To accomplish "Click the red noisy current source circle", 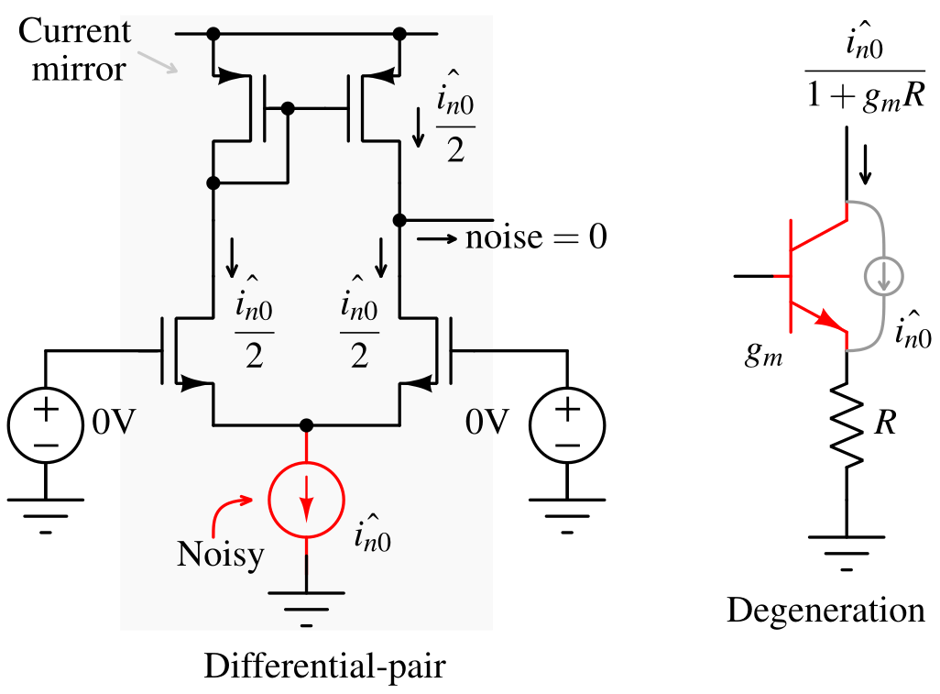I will [x=306, y=500].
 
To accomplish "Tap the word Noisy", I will [x=220, y=555].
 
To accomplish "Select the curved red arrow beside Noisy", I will [x=230, y=514].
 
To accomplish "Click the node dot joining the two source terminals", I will [x=306, y=425].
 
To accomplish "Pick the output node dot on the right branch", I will [x=399, y=220].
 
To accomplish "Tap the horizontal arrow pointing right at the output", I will [x=438, y=239].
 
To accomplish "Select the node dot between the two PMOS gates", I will [x=288, y=108].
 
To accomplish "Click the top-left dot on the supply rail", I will [x=213, y=34].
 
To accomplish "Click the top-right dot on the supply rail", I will [x=399, y=34].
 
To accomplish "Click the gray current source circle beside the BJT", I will [x=884, y=276].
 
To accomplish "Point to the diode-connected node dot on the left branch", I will [x=213, y=183].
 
